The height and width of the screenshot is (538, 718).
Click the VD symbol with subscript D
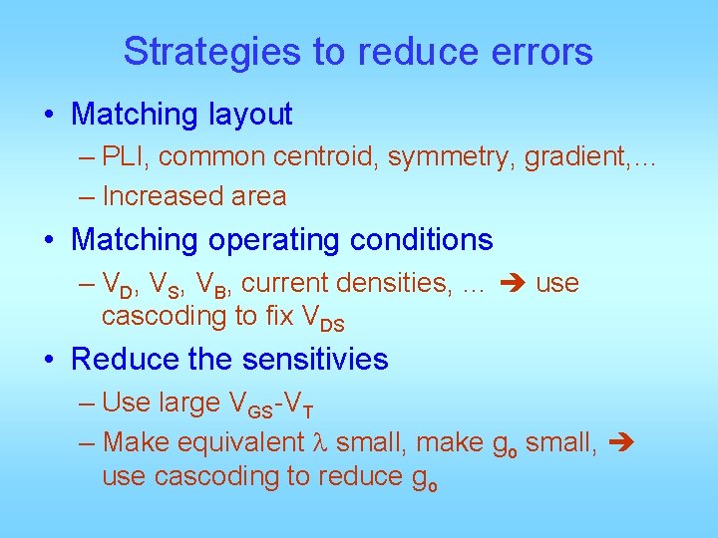tap(119, 285)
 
